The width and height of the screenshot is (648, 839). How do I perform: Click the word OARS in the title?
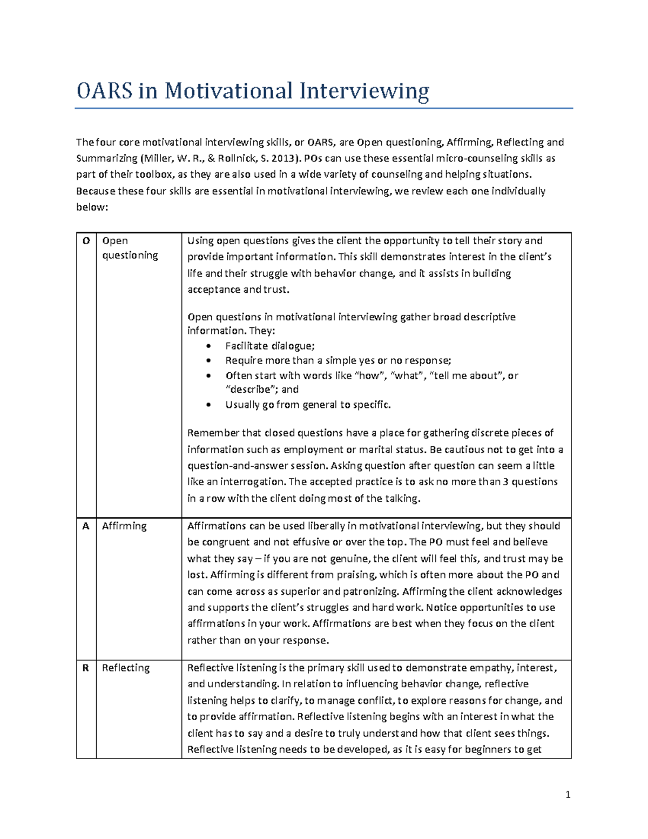tap(103, 91)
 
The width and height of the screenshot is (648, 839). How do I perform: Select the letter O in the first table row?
tap(86, 241)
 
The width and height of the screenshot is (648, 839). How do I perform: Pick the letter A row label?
tap(85, 526)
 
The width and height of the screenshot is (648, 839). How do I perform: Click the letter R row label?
tap(85, 668)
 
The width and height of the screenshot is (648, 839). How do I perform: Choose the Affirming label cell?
tap(124, 526)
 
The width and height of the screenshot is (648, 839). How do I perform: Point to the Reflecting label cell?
tap(126, 668)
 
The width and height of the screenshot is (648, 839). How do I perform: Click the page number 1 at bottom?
tap(568, 794)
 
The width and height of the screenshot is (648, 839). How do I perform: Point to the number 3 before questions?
tap(505, 481)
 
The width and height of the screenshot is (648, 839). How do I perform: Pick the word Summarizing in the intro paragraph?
tap(106, 158)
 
